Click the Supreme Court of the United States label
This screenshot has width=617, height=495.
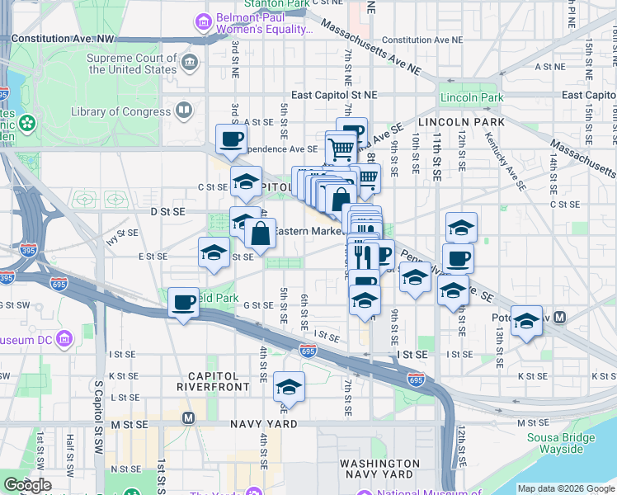[x=132, y=64]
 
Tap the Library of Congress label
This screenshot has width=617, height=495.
[x=120, y=111]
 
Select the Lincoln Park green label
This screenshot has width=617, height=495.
[x=471, y=97]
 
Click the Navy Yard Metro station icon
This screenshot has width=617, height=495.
[x=189, y=417]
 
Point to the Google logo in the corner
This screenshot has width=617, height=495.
[x=26, y=485]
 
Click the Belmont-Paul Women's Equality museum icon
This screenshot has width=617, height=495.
[x=202, y=23]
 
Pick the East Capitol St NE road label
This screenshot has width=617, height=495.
[x=333, y=95]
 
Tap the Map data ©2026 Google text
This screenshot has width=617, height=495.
[x=566, y=488]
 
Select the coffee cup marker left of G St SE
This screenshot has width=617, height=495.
[x=183, y=302]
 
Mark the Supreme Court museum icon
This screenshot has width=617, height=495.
[x=190, y=64]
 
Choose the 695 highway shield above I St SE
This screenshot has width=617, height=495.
[x=308, y=351]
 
